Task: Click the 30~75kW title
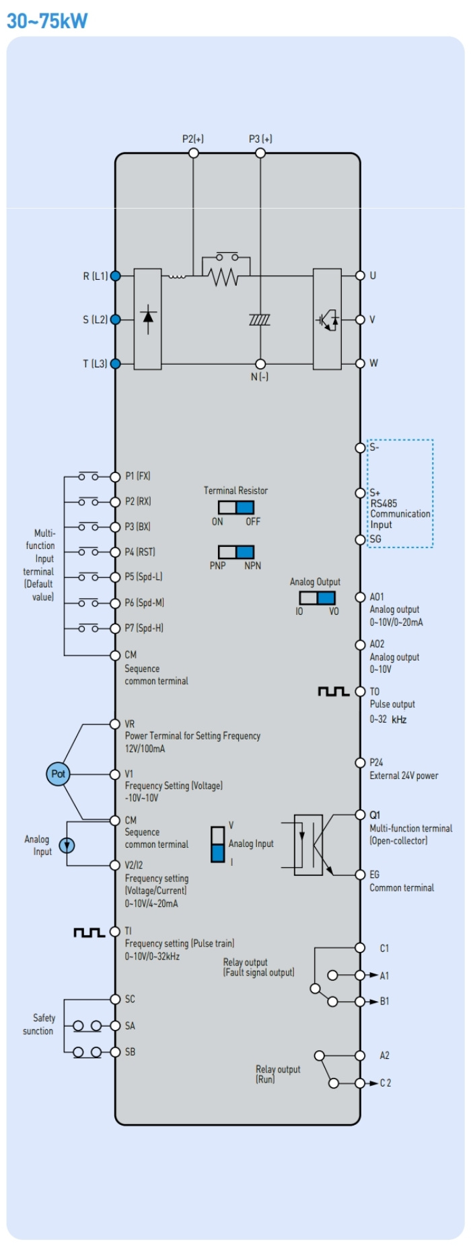point(47,21)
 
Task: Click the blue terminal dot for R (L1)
point(115,276)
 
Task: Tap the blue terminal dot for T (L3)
point(115,363)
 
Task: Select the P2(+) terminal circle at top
point(193,153)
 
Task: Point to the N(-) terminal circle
point(260,364)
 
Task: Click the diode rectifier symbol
point(148,318)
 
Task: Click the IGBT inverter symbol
point(328,320)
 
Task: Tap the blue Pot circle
point(58,774)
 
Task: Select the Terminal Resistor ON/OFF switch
point(235,507)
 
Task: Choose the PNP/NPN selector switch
point(235,552)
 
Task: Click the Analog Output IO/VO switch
point(317,597)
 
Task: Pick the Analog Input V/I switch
point(218,844)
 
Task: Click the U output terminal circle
point(360,275)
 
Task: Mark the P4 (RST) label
point(140,552)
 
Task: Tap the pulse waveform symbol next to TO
point(333,692)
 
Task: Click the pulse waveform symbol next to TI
point(89,932)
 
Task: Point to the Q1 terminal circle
point(360,815)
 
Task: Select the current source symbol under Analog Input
point(67,845)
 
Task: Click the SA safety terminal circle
point(115,1026)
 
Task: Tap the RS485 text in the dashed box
point(384,503)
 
